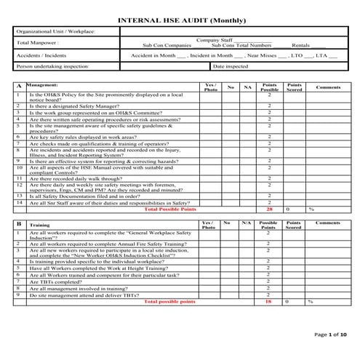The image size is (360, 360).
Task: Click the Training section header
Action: [41, 226]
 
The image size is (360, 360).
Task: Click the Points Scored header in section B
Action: [294, 225]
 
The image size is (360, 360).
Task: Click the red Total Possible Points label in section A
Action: [170, 209]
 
